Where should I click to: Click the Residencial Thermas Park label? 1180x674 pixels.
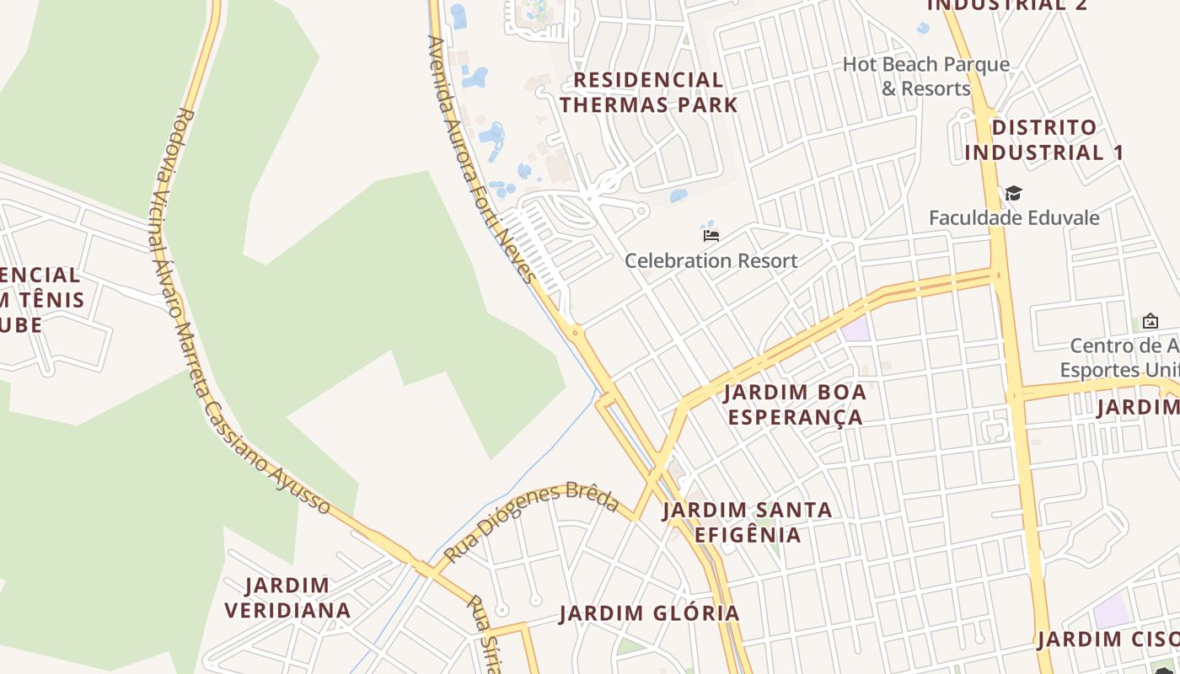(x=648, y=93)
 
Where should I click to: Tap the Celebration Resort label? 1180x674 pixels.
(x=711, y=260)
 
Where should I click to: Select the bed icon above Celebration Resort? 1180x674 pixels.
(x=711, y=236)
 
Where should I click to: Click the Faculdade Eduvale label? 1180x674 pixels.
(x=1014, y=217)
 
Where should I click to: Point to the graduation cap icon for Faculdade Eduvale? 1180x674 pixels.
(x=1013, y=194)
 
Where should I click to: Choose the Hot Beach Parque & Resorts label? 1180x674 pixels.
(x=925, y=76)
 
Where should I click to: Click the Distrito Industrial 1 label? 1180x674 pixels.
(x=1044, y=140)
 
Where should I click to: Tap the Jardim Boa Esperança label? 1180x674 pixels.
(x=795, y=404)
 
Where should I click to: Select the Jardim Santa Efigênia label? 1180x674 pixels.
(x=747, y=522)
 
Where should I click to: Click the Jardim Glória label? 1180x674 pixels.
(x=649, y=613)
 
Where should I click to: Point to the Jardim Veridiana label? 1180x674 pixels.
(x=287, y=597)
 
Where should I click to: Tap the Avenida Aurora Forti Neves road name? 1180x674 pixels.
(x=480, y=160)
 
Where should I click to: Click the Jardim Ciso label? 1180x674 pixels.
(x=1108, y=639)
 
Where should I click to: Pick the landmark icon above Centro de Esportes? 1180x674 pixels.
(x=1150, y=321)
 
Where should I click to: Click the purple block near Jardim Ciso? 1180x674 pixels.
(x=1112, y=611)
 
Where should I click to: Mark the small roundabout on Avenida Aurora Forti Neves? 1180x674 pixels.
(x=576, y=333)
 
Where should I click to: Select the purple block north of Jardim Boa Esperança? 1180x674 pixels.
(x=855, y=329)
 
